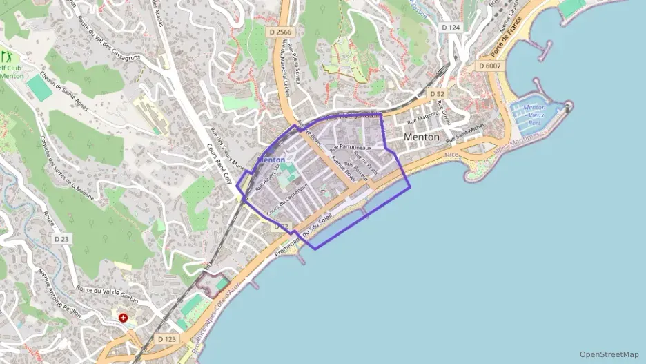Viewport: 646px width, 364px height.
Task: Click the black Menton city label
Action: pyautogui.click(x=421, y=137)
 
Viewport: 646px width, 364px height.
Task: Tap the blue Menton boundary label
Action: pyautogui.click(x=271, y=160)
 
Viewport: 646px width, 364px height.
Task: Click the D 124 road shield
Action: pyautogui.click(x=450, y=27)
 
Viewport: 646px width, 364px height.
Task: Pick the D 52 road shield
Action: pyautogui.click(x=435, y=93)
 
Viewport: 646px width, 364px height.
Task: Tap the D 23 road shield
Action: pyautogui.click(x=61, y=239)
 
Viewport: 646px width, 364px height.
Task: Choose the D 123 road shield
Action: pyautogui.click(x=166, y=339)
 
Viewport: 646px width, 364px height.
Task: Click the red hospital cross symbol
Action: pyautogui.click(x=124, y=318)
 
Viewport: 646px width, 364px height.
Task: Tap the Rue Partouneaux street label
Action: pyautogui.click(x=351, y=147)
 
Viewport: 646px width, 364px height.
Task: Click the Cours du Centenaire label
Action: pyautogui.click(x=287, y=198)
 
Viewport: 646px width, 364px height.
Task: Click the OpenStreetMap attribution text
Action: pyautogui.click(x=609, y=354)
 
